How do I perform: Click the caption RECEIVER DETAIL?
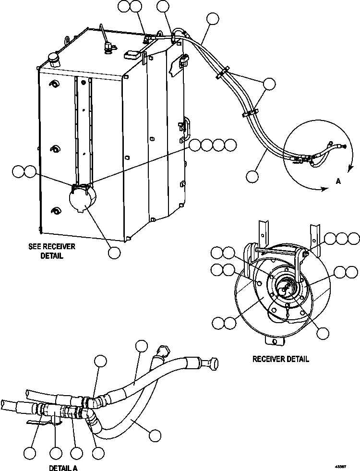click(x=281, y=359)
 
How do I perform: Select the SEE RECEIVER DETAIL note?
click(x=52, y=251)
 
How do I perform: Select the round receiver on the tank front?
click(x=83, y=200)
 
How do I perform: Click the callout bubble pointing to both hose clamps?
click(x=270, y=84)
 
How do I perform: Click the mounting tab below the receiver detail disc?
click(x=275, y=340)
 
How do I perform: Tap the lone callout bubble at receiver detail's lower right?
click(x=323, y=332)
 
